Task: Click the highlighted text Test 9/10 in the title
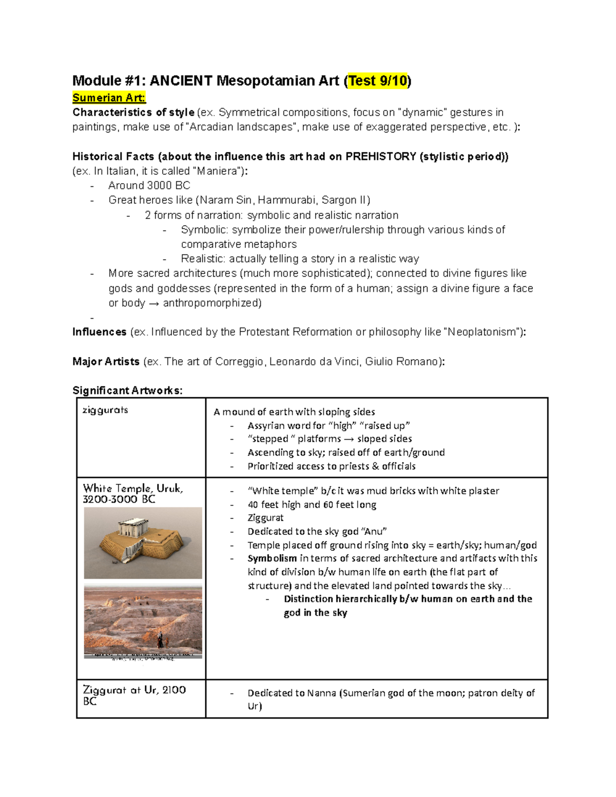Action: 378,81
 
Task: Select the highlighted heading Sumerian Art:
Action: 109,98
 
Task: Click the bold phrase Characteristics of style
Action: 133,112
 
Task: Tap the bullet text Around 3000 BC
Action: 149,186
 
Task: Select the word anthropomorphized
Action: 212,303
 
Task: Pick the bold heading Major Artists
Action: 106,361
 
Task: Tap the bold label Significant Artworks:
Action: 127,391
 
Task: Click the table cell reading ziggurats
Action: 105,410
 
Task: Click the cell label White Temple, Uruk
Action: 133,489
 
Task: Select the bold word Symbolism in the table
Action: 272,558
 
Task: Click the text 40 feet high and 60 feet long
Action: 312,504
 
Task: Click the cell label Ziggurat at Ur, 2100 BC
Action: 134,695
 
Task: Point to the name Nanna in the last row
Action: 321,693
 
